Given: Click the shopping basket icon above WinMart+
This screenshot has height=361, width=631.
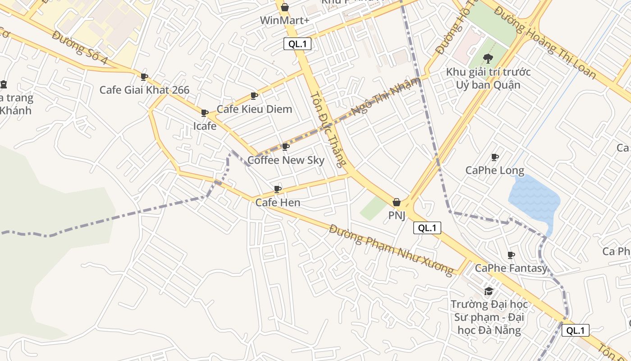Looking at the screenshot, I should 285,7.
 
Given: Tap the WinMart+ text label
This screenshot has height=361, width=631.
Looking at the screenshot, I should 284,21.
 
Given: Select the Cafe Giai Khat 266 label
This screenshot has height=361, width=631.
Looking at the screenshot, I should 144,90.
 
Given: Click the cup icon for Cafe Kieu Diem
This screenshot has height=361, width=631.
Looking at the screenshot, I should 254,96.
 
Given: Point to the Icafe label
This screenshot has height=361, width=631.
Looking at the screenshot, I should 205,126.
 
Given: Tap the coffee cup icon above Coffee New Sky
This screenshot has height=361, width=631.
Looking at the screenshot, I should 285,147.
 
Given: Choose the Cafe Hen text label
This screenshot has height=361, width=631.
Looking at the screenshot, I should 278,203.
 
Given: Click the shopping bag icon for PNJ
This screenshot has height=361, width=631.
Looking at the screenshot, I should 397,203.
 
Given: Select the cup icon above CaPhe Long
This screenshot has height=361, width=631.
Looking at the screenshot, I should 494,157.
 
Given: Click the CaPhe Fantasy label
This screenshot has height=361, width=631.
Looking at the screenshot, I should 511,268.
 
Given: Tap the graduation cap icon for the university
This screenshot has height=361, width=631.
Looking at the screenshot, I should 489,291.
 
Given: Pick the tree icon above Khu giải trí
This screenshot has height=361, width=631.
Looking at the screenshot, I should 488,59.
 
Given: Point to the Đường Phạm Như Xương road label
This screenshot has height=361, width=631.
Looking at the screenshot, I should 391,250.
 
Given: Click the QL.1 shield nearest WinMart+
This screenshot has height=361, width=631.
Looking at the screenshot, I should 297,44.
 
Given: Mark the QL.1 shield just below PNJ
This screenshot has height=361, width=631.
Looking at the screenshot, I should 427,228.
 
